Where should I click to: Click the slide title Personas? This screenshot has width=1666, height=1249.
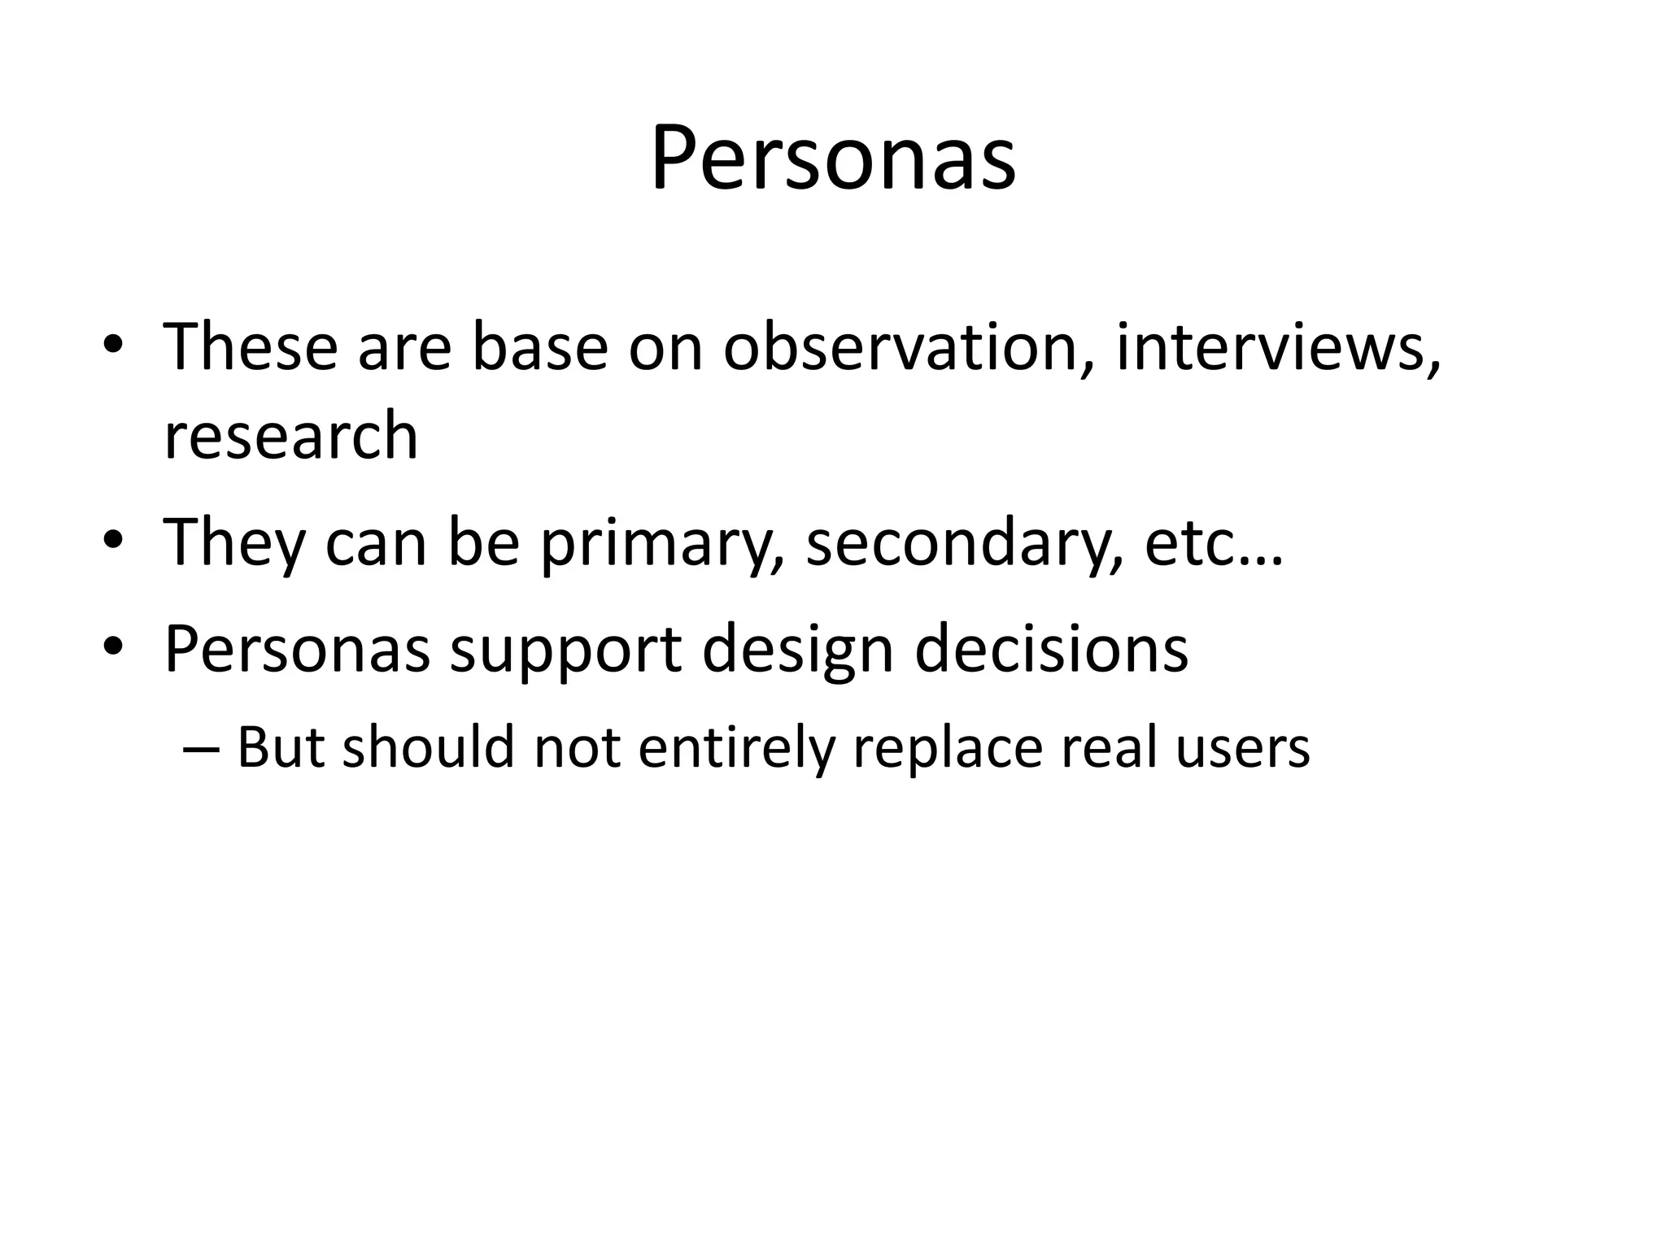(x=833, y=159)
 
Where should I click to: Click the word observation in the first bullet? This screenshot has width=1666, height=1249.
(x=907, y=348)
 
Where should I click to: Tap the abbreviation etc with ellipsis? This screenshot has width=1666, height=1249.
(x=1213, y=542)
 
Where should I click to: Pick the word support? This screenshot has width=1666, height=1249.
(x=565, y=651)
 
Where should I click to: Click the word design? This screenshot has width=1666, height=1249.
(x=797, y=651)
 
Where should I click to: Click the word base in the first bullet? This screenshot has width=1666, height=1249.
(x=539, y=348)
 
